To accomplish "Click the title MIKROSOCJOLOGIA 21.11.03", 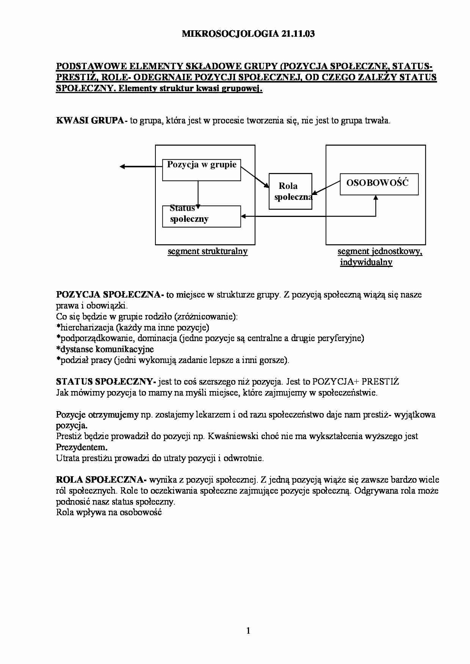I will coord(248,34).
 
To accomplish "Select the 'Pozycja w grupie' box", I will coord(201,170).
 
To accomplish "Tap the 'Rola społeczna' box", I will coord(290,191).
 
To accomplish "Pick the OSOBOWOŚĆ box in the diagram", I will coord(379,184).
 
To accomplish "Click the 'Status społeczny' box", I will coord(201,217).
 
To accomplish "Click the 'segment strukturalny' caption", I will coord(208,251).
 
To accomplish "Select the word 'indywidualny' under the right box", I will coord(366,262).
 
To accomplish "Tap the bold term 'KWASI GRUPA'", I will coord(90,121).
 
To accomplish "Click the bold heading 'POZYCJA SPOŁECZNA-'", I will coord(110,295).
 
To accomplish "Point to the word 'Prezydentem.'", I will coord(81,447).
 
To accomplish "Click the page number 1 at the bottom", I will coord(248,631).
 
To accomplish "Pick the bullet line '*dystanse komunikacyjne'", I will coord(105,349).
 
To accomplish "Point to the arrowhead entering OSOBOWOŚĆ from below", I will coord(376,198).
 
